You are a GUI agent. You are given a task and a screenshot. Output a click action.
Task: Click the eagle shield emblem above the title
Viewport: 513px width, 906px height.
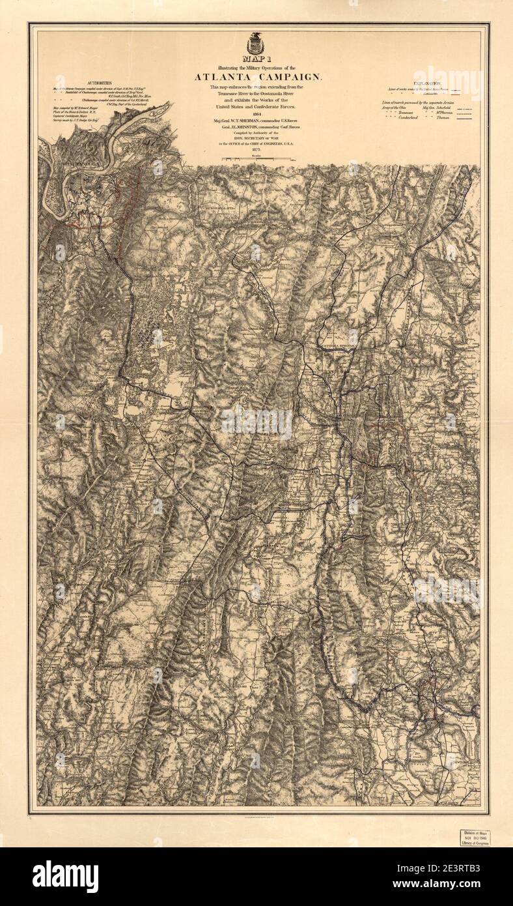pos(255,44)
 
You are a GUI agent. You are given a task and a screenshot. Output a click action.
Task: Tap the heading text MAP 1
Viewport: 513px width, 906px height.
pos(256,61)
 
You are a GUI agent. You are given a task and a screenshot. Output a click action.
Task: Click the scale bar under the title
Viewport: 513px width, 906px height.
pos(255,159)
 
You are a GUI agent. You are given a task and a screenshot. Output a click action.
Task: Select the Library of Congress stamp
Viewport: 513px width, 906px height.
pos(475,837)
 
